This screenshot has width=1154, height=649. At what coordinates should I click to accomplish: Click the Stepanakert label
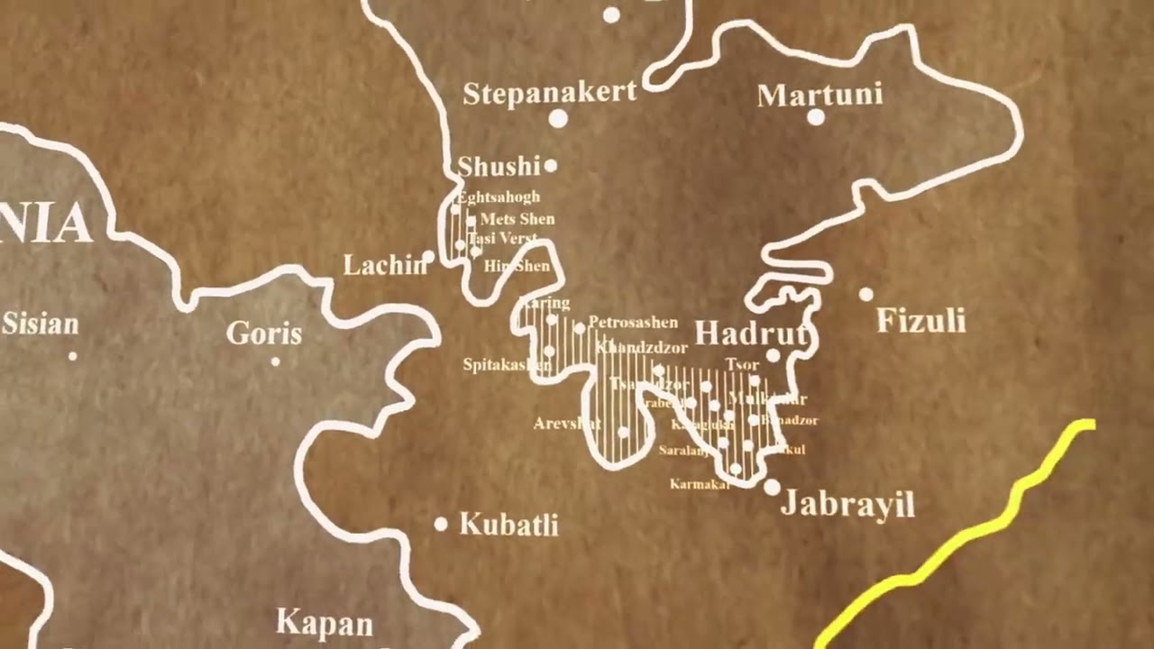[x=550, y=93]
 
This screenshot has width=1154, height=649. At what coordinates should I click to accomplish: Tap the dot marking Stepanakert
[x=558, y=118]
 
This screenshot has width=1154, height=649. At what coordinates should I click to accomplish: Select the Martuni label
[x=819, y=95]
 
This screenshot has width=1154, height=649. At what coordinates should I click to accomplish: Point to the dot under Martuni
[x=815, y=117]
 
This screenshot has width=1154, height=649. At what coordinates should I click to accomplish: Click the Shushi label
[x=498, y=167]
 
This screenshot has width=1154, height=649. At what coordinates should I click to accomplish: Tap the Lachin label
[x=384, y=265]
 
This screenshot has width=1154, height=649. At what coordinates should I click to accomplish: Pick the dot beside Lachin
[x=429, y=258]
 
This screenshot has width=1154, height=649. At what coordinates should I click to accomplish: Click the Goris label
[x=263, y=334]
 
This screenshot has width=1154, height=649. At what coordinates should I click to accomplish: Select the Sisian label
[x=41, y=324]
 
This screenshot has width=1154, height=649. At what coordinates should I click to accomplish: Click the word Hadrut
[x=751, y=334]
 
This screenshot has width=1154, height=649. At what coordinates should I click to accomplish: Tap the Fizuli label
[x=920, y=320]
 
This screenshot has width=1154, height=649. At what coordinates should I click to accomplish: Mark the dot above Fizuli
[x=865, y=294]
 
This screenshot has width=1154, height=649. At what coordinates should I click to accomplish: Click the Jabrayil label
[x=847, y=504]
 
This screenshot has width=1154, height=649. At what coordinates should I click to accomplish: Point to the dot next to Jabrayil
[x=772, y=487]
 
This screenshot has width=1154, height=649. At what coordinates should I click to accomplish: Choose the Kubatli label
[x=508, y=524]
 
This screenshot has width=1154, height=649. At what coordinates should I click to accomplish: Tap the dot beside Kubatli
[x=441, y=524]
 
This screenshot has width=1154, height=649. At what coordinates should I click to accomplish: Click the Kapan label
[x=324, y=622]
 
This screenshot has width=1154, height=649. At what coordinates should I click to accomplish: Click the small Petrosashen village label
[x=632, y=323]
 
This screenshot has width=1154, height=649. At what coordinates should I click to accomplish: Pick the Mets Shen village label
[x=517, y=219]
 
